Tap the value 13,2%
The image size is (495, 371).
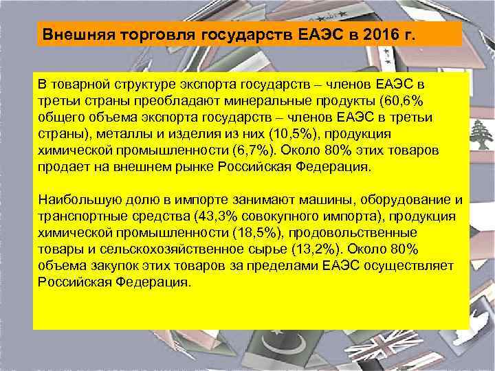pos(316,249)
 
